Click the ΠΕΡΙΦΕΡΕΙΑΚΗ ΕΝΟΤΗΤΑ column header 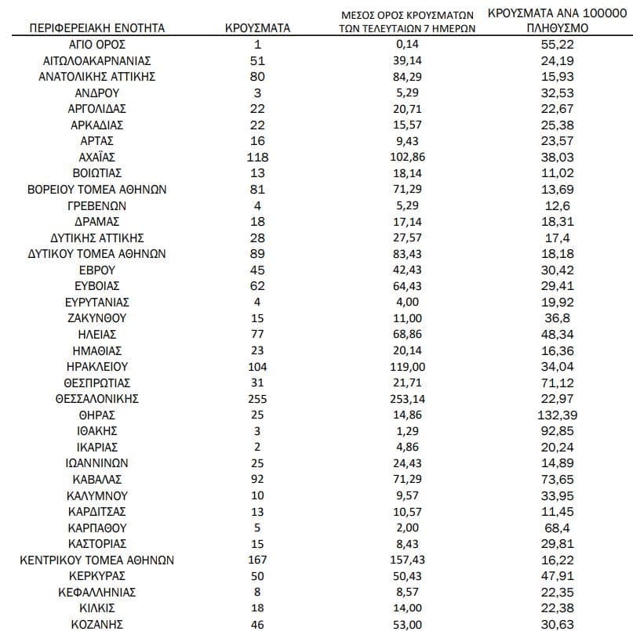97,27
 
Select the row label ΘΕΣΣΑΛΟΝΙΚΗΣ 97,398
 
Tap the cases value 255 256,398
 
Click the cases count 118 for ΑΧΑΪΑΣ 256,157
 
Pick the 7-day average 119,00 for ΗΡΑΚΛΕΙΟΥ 408,366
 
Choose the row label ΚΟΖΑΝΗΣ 97,624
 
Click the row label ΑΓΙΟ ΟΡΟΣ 97,44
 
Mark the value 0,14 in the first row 408,44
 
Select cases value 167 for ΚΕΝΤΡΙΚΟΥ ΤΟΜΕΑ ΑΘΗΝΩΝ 256,560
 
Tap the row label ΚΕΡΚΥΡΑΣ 97,575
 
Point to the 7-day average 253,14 408,398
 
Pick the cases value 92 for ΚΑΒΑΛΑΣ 256,479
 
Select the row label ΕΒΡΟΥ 97,270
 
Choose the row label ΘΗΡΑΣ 97,414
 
